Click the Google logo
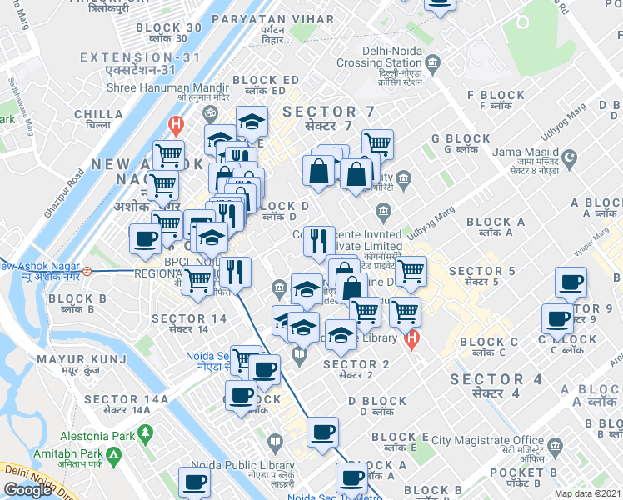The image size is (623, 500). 27,489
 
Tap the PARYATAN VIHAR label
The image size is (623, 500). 272,18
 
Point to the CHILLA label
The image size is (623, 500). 99,115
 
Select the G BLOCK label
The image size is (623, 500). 461,139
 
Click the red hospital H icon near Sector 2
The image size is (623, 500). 410,340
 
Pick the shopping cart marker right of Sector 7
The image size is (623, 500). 377,143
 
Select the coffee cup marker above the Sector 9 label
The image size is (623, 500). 571,282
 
